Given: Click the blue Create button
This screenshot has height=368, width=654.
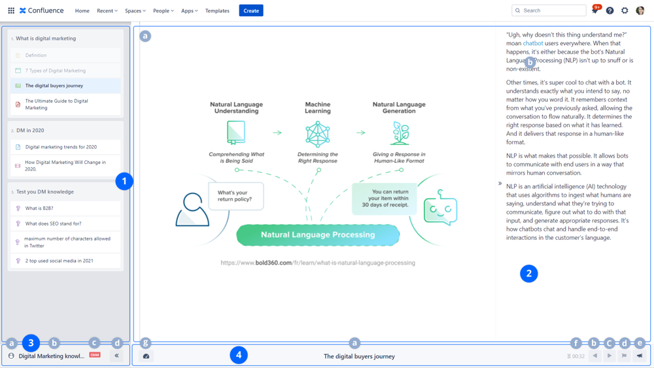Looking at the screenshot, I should tap(251, 10).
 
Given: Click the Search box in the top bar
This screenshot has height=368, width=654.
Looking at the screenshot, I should tap(549, 10).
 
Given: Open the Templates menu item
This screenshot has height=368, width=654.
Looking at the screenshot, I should tap(217, 10).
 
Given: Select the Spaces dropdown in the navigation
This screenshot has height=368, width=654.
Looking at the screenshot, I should tap(135, 10).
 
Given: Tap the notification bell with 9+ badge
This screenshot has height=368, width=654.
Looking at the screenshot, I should tap(594, 10).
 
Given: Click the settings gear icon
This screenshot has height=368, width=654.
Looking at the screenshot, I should tap(625, 10).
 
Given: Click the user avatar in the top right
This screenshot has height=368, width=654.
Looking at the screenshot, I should tap(640, 10).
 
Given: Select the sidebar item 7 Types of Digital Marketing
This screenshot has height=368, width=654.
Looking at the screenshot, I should tap(56, 71).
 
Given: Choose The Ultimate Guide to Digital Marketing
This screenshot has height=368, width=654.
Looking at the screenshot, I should tap(56, 104).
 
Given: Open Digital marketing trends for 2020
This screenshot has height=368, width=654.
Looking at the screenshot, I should tap(61, 147).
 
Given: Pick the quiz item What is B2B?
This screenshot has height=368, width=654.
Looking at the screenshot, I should tap(39, 209).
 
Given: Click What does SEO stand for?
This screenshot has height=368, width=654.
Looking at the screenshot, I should tap(53, 224).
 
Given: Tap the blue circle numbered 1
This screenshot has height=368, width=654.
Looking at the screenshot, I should tap(124, 181).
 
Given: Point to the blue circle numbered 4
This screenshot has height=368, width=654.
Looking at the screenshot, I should tap(239, 356).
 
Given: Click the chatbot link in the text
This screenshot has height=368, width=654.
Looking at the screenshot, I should tap(533, 43).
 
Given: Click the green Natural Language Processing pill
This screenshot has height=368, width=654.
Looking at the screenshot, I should tap(318, 235).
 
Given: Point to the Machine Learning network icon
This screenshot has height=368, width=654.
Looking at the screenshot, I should tap(318, 134).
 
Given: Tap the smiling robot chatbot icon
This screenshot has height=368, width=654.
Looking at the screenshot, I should tap(440, 209).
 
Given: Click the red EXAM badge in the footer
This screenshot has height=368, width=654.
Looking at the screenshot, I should tap(95, 355).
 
